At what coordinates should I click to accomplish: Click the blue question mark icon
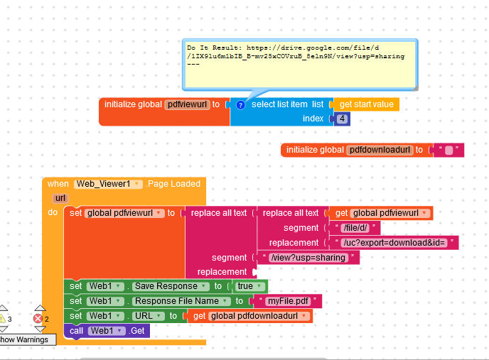coord(240,104)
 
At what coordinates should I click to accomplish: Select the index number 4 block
coord(343,119)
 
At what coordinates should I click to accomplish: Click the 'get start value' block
coord(365,104)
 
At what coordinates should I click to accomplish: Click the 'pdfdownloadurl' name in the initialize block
coord(380,150)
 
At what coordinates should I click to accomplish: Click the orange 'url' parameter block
coord(60,198)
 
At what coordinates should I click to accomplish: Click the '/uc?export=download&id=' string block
coord(393,243)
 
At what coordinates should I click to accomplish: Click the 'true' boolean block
coord(245,286)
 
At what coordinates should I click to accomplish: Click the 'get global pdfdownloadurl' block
coord(249,316)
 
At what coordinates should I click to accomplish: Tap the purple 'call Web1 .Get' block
coord(107,331)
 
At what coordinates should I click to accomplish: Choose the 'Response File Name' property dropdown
coord(180,301)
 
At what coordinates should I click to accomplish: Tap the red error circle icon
coord(39,319)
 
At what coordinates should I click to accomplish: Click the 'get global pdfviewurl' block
coord(380,213)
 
